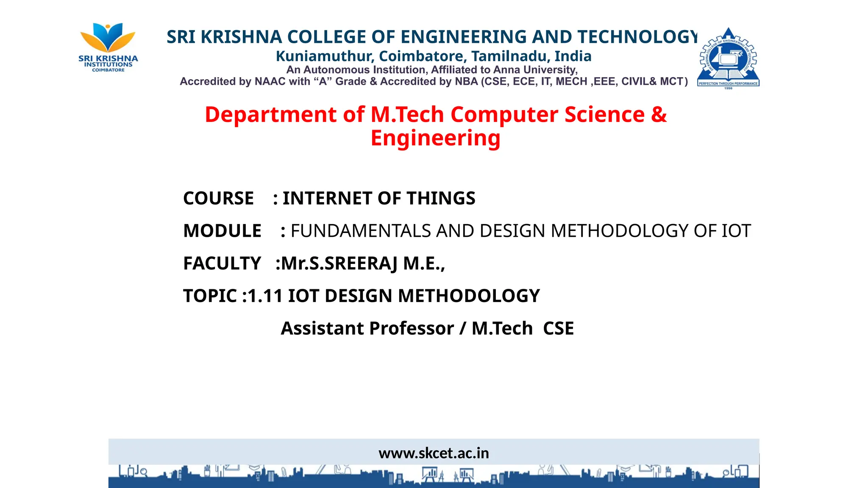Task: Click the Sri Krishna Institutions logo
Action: [108, 47]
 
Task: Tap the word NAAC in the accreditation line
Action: [270, 82]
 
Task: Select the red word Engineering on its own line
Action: [435, 139]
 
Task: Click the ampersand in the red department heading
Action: [659, 115]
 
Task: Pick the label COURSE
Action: [218, 199]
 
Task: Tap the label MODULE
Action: [222, 231]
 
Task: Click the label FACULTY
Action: [222, 263]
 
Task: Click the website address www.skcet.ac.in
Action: [434, 453]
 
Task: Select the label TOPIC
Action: [210, 296]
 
